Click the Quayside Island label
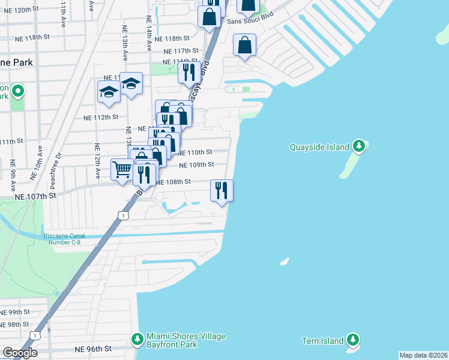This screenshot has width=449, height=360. tap(320, 147)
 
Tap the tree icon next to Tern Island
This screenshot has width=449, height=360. tap(354, 340)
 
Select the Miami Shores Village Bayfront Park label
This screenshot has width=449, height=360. tap(186, 340)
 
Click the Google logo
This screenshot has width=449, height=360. tap(20, 353)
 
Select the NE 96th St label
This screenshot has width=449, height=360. tap(93, 349)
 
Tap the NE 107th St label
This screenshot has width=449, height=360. tap(35, 196)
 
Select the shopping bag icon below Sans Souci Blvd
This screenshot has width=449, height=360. tap(245, 45)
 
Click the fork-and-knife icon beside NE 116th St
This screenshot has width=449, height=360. tap(189, 73)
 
